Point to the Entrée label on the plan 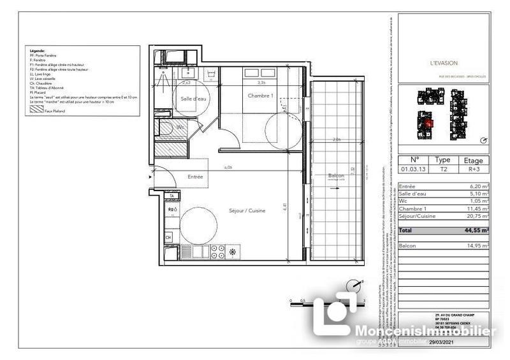pyautogui.click(x=195, y=176)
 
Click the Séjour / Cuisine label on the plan pyautogui.click(x=247, y=211)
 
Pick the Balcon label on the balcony pyautogui.click(x=336, y=175)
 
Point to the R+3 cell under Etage pyautogui.click(x=472, y=170)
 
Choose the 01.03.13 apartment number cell pyautogui.click(x=414, y=170)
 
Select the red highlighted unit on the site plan pyautogui.click(x=428, y=123)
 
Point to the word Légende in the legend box pyautogui.click(x=38, y=49)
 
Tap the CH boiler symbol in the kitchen pyautogui.click(x=168, y=238)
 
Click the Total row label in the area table pyautogui.click(x=406, y=230)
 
